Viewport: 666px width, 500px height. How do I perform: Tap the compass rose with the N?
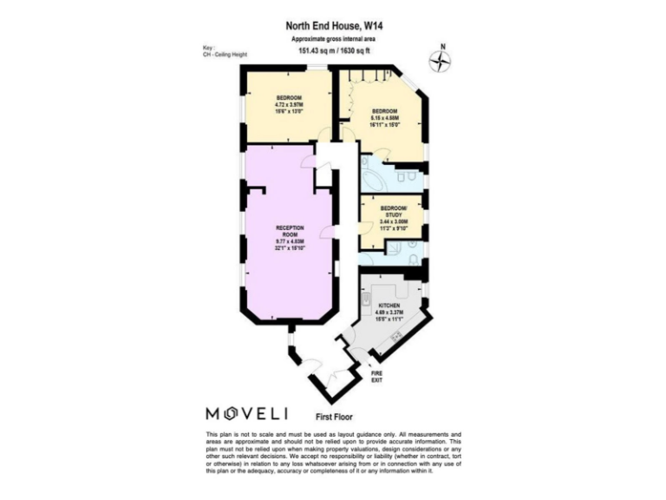tap(443, 60)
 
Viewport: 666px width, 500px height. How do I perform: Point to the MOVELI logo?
tap(247, 411)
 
